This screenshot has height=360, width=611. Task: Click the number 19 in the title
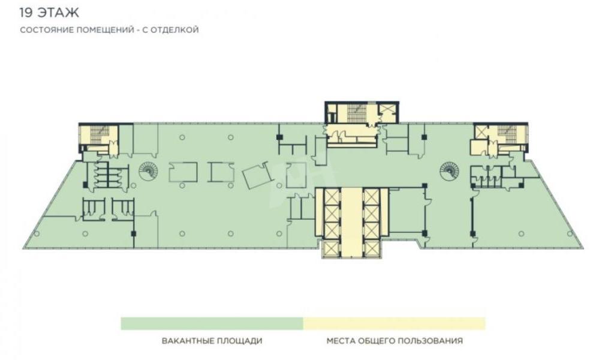[26, 13]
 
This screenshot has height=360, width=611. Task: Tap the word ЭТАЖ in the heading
[58, 13]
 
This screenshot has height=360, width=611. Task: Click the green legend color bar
[212, 323]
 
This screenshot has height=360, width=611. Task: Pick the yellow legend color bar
[395, 323]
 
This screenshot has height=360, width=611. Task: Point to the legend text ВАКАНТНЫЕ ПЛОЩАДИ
[212, 341]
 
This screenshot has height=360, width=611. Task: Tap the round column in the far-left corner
[37, 233]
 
